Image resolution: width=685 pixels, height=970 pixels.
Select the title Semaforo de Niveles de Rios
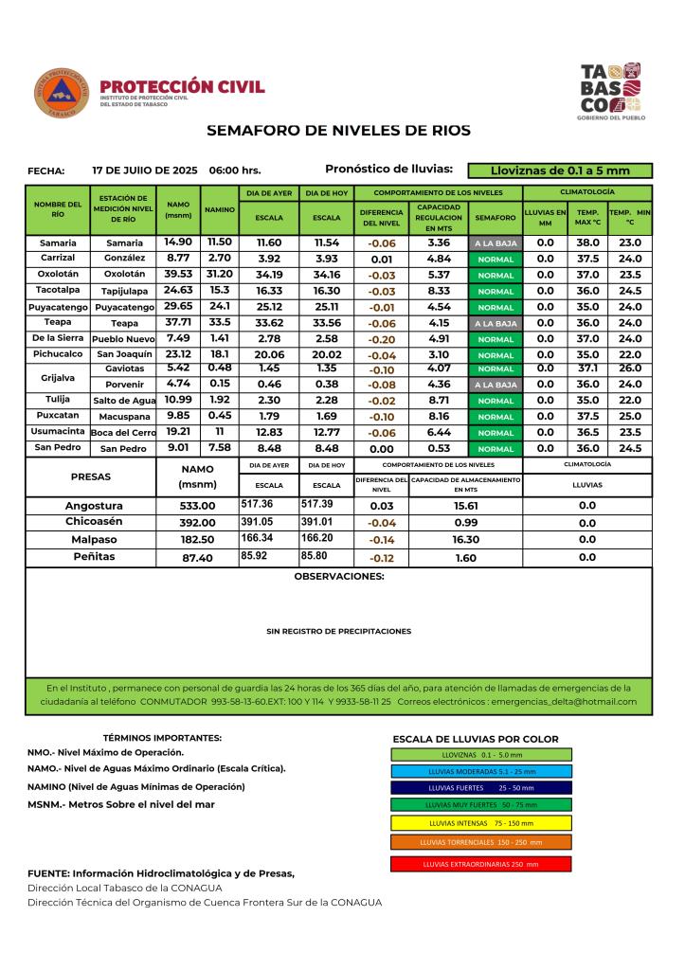[338, 130]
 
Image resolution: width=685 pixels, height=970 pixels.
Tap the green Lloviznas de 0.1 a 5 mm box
[561, 171]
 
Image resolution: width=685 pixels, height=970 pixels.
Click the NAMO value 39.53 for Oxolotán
[178, 274]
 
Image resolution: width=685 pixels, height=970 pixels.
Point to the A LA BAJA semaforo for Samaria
[496, 243]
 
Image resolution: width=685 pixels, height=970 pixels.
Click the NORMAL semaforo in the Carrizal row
[496, 259]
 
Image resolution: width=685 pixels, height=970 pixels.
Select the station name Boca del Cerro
[123, 433]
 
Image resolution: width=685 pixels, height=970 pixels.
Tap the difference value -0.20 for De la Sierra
[382, 338]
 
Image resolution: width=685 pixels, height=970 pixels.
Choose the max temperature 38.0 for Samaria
[587, 242]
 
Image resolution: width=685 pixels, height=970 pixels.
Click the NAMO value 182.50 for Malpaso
[198, 540]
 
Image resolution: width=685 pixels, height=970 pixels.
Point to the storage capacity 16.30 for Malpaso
[465, 539]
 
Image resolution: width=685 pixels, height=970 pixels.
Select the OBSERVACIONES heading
[339, 576]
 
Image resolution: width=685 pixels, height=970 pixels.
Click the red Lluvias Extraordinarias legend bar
[480, 864]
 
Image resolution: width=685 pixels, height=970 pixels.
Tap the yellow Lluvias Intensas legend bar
[480, 823]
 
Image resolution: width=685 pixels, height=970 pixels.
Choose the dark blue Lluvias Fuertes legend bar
[480, 787]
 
